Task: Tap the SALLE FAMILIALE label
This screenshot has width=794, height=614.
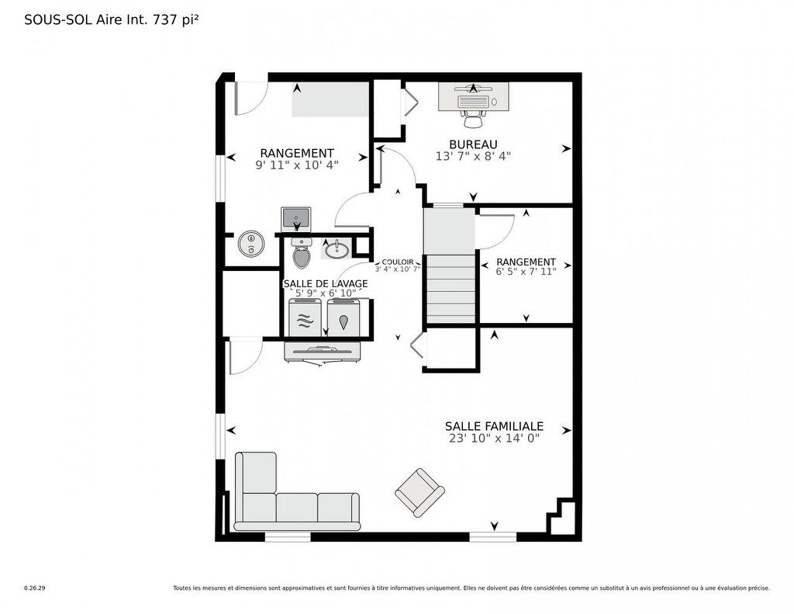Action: tap(494, 426)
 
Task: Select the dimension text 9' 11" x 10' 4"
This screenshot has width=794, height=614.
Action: tap(297, 165)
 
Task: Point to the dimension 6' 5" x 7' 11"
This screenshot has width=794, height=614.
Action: tap(526, 272)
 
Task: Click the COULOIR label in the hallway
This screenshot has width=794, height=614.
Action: tap(397, 262)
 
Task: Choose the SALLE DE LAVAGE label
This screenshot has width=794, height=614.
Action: tap(325, 283)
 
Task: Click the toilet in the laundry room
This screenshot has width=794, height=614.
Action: tap(302, 253)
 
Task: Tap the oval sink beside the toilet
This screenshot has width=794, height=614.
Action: tap(337, 250)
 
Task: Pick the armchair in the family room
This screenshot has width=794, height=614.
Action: tap(419, 491)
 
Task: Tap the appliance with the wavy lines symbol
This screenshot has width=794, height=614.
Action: tap(305, 318)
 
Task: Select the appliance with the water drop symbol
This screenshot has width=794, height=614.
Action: tap(343, 318)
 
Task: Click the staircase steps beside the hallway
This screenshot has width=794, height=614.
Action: tap(451, 287)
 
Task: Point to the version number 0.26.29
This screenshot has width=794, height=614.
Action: tap(35, 588)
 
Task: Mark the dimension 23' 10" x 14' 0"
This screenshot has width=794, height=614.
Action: tap(494, 438)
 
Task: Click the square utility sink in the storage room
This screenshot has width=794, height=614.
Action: tap(295, 217)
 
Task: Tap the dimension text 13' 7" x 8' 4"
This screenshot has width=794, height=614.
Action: tap(473, 155)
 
